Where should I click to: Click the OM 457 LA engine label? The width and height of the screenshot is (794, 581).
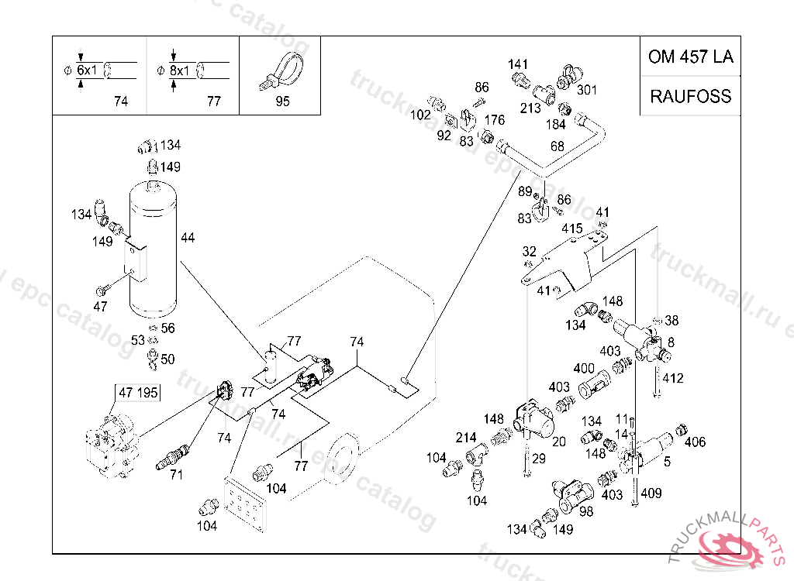click(691, 57)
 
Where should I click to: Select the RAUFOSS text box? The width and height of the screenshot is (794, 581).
click(691, 95)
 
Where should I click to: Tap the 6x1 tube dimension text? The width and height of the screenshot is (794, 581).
click(87, 70)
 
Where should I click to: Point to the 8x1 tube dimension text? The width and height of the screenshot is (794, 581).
click(180, 70)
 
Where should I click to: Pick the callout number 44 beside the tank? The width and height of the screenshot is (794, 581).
click(188, 237)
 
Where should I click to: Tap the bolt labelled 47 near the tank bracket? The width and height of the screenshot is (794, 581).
click(102, 290)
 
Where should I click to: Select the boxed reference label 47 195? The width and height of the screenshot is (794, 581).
click(138, 392)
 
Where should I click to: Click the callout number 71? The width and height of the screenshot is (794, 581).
click(176, 475)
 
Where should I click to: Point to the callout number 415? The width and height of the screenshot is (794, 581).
click(571, 229)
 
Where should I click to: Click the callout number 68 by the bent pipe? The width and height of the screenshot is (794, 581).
click(557, 146)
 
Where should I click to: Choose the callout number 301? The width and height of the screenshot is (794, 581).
click(587, 90)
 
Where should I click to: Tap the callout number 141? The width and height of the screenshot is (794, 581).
click(517, 64)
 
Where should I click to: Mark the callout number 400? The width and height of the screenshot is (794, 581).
click(584, 368)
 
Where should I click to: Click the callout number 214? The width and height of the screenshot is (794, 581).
click(466, 437)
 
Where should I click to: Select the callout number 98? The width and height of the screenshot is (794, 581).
click(586, 511)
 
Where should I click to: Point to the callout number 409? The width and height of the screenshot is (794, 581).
click(651, 493)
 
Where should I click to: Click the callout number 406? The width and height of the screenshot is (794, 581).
click(695, 442)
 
